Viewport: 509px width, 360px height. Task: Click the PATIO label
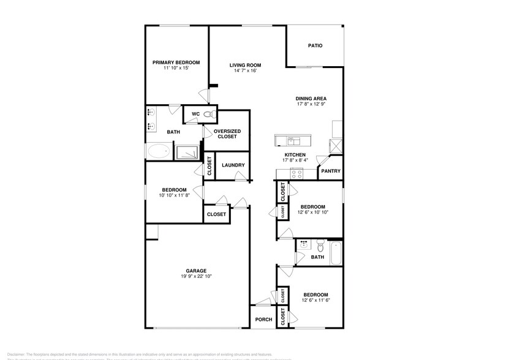coord(315,46)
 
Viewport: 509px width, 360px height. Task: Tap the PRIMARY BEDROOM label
coord(176,62)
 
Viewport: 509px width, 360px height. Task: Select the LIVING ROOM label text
coord(245,65)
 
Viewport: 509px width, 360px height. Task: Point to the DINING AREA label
coord(311,99)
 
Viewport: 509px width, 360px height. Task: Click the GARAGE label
coord(196,271)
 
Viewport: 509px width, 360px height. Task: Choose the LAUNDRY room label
coord(233,165)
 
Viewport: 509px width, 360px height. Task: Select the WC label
coord(195,114)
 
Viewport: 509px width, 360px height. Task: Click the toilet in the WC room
coord(208,114)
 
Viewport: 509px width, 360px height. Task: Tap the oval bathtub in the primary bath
coord(159,151)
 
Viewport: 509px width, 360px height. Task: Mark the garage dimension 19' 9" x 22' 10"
coord(196,277)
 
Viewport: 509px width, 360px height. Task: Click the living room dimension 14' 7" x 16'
coord(245,71)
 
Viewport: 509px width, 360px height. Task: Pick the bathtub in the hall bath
coord(336,253)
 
